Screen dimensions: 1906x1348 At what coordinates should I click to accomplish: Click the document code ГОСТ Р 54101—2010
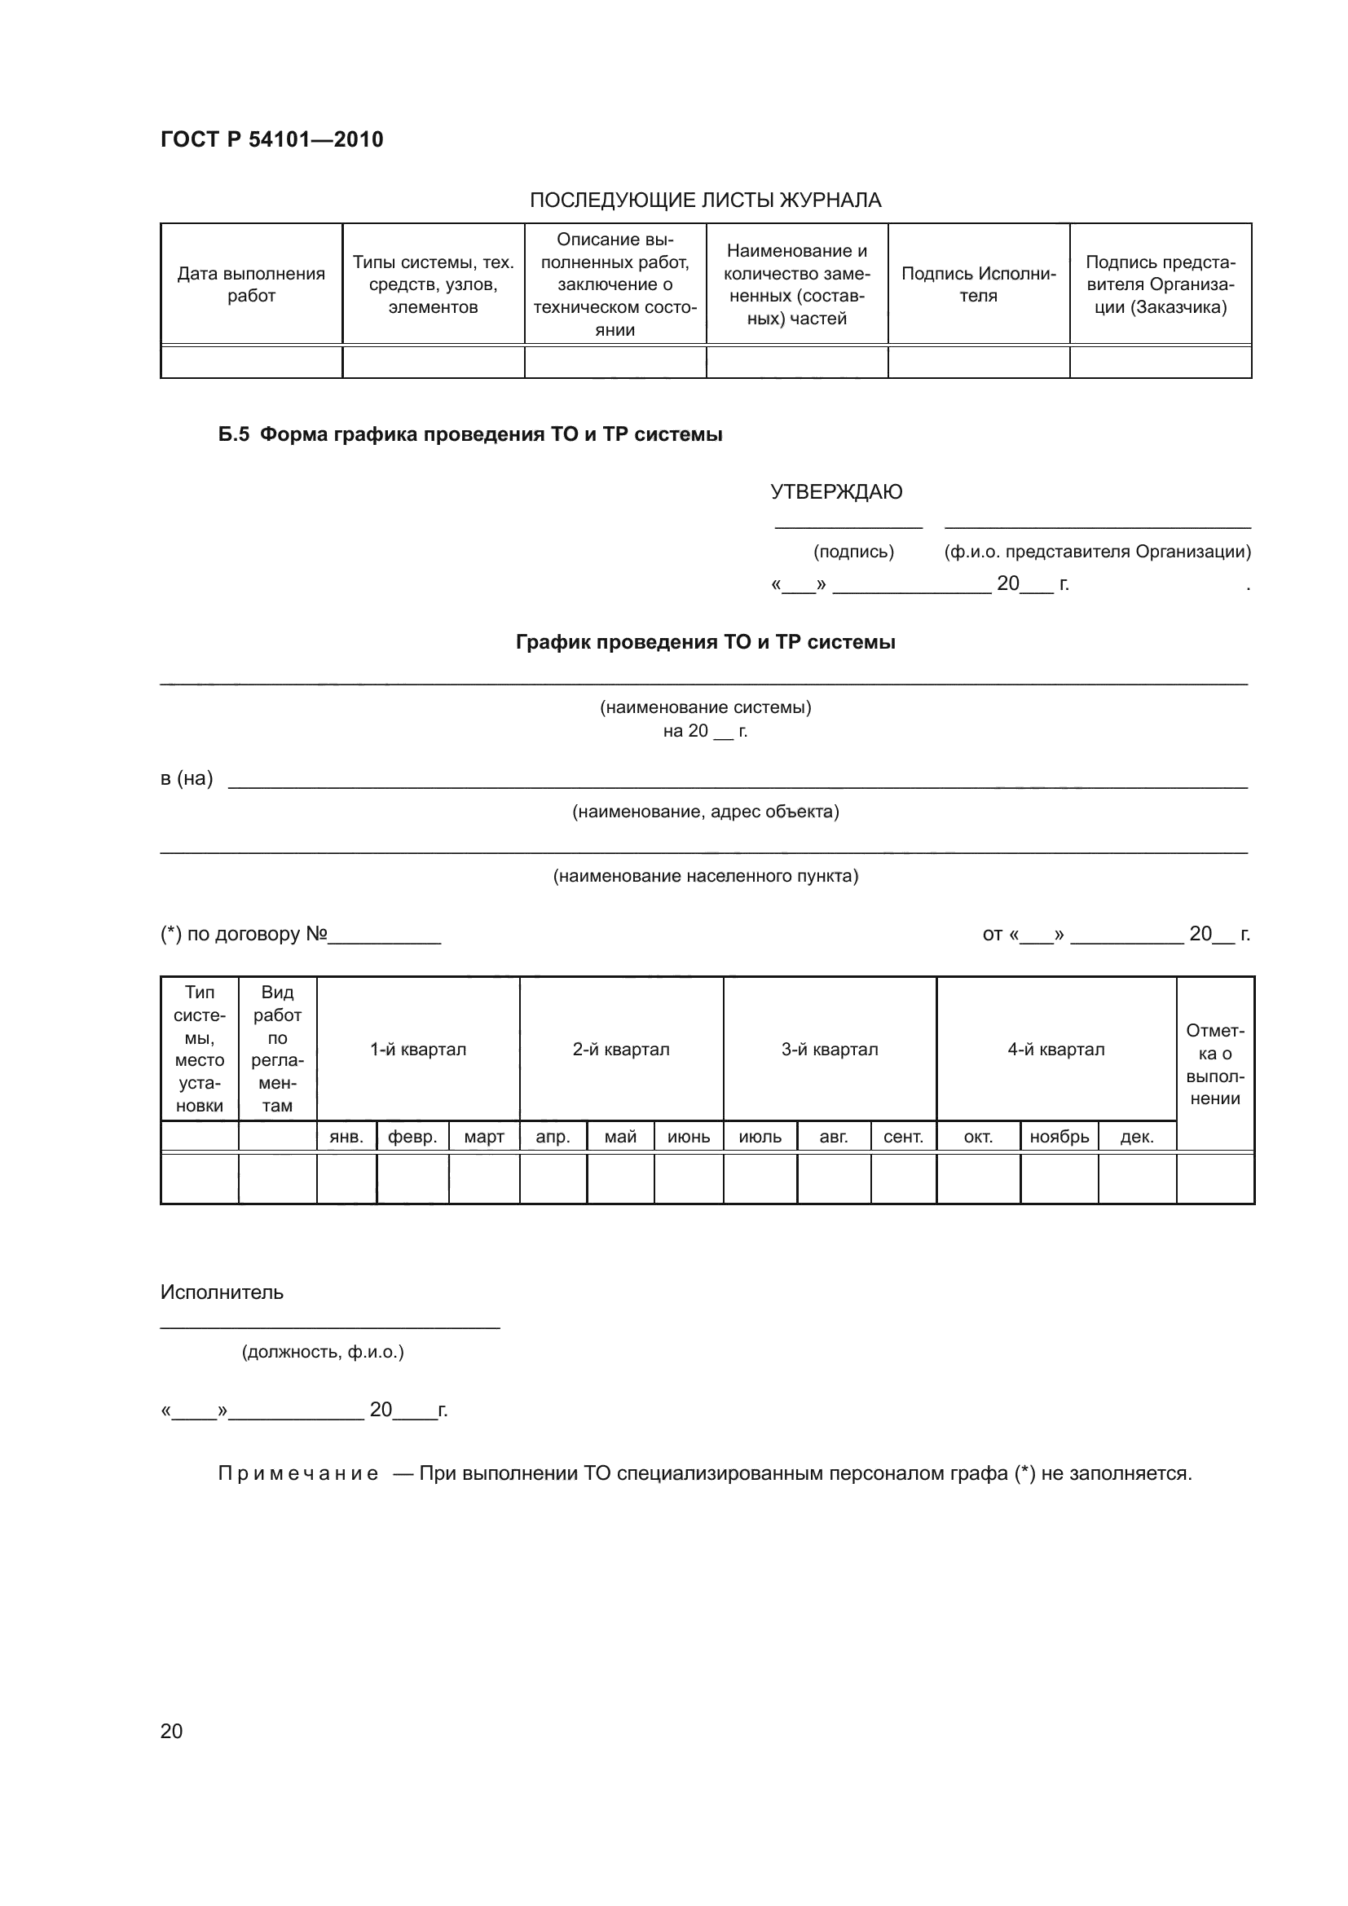271,139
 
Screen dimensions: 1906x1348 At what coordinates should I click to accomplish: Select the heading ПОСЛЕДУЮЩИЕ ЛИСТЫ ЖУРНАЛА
705,200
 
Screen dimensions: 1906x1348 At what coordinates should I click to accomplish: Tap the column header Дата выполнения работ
251,284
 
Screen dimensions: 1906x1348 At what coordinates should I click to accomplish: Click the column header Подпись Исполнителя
978,284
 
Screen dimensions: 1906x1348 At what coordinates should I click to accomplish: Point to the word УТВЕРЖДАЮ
836,492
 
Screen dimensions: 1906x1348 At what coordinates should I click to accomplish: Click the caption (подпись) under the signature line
853,552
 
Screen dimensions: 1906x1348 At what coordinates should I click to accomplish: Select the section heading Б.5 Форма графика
469,435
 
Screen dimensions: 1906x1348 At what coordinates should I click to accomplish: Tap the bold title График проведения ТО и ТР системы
705,642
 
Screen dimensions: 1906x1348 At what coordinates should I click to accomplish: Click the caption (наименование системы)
705,707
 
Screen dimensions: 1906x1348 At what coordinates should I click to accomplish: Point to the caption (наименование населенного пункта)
705,876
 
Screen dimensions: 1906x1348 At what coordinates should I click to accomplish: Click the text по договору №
256,934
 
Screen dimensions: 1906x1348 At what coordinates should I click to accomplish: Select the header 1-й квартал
417,1050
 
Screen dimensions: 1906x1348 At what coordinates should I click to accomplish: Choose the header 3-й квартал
829,1050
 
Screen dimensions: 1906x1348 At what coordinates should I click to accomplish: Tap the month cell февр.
412,1138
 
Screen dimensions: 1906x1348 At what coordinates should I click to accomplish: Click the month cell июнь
688,1138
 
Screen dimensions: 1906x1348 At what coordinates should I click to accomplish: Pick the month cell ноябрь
1059,1138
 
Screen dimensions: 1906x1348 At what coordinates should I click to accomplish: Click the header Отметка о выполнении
1214,1064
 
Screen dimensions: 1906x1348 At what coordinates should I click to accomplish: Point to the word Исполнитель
222,1292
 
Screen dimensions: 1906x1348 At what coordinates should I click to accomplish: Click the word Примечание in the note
298,1473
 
